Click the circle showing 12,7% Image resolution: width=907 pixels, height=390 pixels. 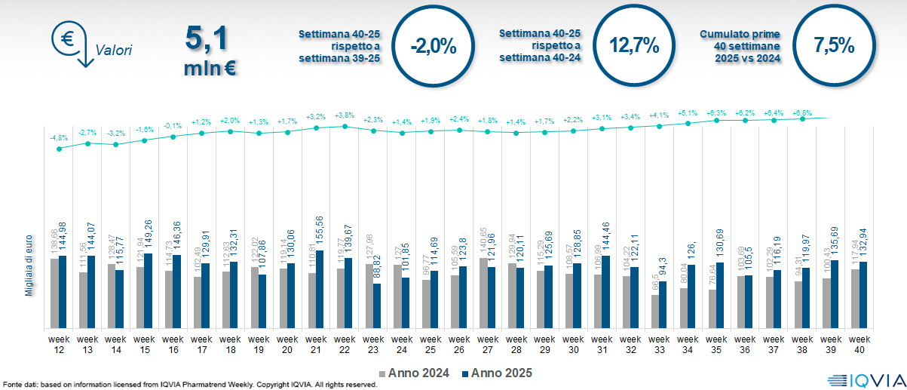click(634, 45)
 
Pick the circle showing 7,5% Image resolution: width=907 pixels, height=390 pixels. click(834, 45)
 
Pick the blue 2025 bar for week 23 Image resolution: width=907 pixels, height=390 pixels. click(377, 306)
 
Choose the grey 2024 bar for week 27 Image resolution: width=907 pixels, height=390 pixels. click(483, 293)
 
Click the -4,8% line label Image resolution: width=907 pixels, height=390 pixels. click(59, 137)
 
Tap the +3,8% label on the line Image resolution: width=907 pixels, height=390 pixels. click(345, 115)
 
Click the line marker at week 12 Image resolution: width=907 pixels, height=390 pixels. click(60, 149)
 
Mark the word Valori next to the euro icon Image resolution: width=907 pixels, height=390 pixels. click(114, 51)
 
